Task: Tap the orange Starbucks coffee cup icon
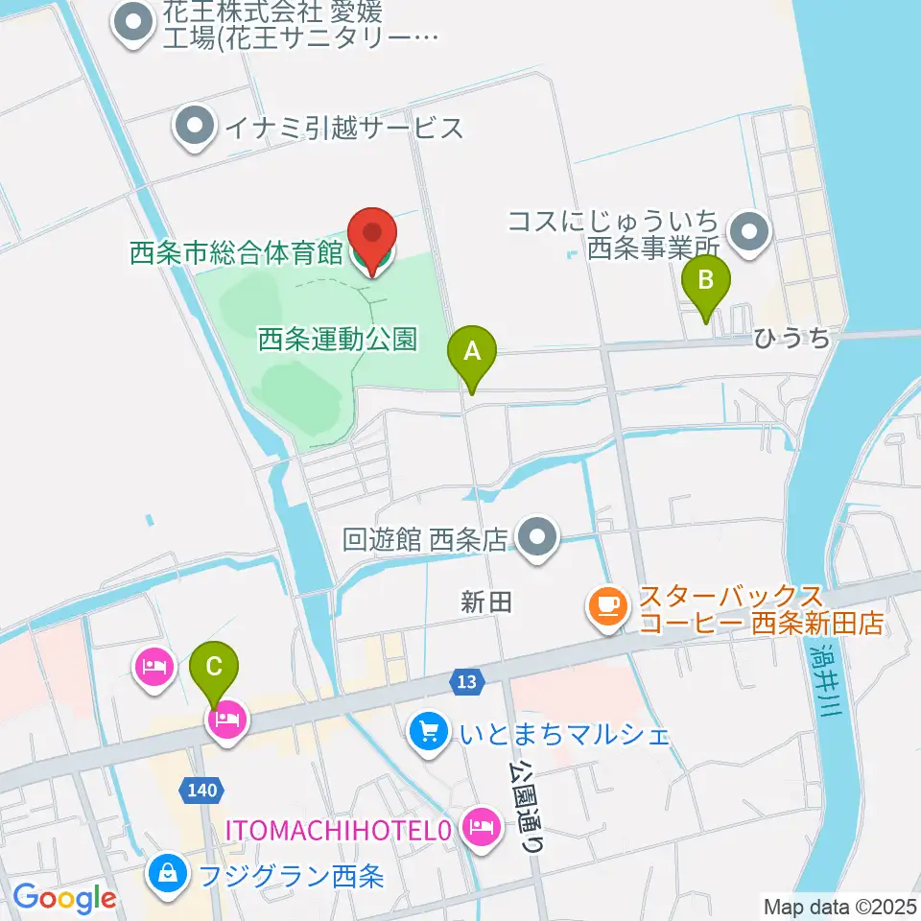(x=608, y=604)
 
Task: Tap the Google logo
(x=64, y=897)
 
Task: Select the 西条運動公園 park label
(x=338, y=339)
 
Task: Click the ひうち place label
(x=791, y=338)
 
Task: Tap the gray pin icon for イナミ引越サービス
(x=196, y=127)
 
